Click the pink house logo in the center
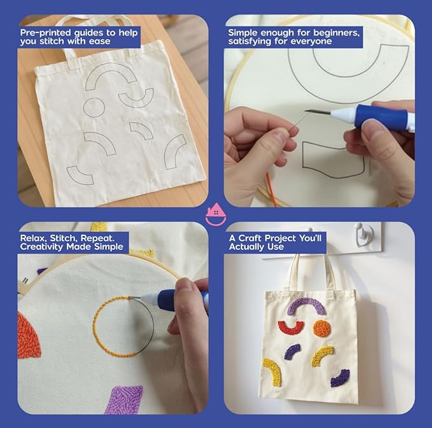(216, 214)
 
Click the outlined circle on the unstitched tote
(94, 108)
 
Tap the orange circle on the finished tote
(322, 328)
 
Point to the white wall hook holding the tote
(364, 233)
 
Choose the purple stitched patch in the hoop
(124, 399)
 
